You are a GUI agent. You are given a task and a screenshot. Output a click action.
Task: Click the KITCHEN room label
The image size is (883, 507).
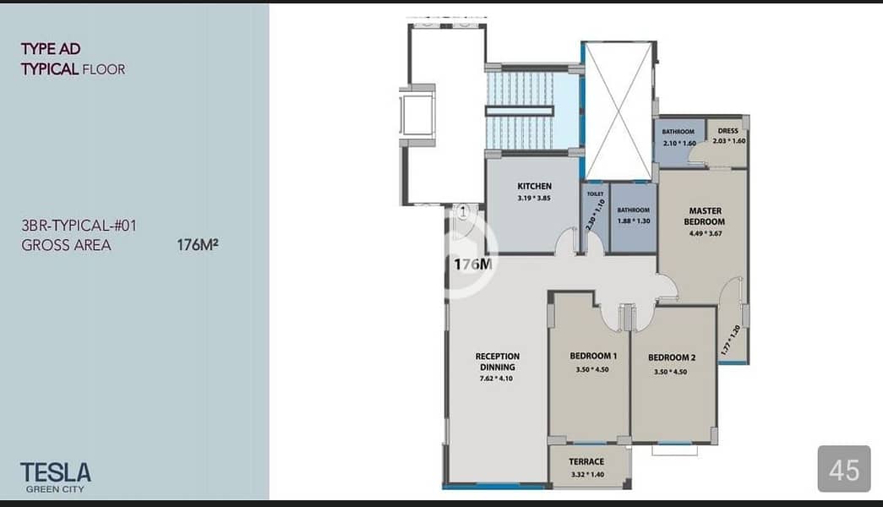coord(534,186)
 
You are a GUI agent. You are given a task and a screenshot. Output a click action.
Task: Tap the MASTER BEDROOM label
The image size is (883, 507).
coord(705,216)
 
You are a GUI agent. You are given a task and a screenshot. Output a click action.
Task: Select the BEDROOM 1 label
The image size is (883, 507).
coord(593,356)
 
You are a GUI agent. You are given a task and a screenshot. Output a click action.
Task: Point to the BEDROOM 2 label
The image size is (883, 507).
coord(671,357)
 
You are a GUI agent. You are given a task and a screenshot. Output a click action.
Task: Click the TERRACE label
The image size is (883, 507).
coord(586,462)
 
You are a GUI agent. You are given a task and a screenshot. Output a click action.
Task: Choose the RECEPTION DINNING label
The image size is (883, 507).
coord(497,362)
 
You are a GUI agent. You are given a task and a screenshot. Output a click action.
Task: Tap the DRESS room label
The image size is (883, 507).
coord(728,131)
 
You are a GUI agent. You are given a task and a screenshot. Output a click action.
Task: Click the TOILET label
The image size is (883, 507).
coord(595,194)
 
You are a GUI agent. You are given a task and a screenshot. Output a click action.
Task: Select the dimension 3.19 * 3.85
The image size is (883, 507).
coord(534,199)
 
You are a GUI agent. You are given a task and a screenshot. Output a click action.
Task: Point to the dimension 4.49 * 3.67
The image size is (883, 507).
coord(705,233)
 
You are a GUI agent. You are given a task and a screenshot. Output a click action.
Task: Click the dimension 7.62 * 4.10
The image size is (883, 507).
coord(496,379)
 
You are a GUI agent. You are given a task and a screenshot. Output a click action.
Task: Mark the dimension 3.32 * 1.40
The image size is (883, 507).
coord(587,474)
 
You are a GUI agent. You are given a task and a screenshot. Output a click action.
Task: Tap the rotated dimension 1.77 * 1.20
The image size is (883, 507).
coord(730,340)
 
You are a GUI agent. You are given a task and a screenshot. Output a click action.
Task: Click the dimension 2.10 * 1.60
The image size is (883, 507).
coord(679,143)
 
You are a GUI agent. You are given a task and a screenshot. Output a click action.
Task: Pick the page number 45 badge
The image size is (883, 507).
coord(844,469)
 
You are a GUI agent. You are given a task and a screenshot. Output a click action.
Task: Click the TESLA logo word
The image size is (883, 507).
coord(55,472)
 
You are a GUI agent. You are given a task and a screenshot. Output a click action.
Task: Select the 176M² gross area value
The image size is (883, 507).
coord(198,245)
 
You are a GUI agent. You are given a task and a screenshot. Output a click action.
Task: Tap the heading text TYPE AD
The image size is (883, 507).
coord(51,49)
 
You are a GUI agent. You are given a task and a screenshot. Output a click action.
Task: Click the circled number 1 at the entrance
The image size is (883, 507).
coord(463,212)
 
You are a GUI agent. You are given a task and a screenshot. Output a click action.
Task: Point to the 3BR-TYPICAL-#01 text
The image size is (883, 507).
coord(79,226)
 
